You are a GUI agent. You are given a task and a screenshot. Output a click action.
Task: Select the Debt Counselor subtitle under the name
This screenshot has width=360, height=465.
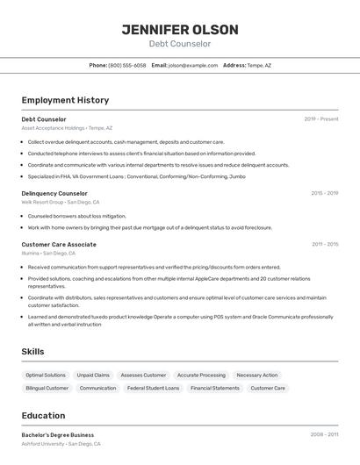point(180,44)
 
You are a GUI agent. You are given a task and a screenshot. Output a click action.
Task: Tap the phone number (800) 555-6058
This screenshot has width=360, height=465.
point(127,65)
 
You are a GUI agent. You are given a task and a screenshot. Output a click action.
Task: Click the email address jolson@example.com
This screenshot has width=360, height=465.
point(193,65)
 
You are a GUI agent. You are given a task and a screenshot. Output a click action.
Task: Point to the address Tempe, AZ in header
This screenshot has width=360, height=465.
point(259,65)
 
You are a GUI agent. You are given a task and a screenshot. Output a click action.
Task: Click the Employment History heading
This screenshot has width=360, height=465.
point(65,100)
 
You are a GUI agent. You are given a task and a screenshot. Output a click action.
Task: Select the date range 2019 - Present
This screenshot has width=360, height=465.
point(321,118)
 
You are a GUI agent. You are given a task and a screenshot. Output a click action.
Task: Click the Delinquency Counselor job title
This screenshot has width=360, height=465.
point(54,193)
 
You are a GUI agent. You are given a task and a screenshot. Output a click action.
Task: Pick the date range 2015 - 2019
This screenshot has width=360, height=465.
point(324,193)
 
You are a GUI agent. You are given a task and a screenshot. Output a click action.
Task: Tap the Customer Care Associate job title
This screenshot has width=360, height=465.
point(59,244)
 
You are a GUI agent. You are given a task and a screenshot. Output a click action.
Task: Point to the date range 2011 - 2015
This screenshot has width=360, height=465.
point(324,244)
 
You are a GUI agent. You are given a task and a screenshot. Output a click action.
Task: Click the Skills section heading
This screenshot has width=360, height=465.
point(32,351)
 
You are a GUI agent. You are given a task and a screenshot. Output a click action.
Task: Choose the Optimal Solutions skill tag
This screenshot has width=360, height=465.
point(46,375)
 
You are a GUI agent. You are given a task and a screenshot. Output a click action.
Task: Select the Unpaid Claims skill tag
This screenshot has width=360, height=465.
point(93,375)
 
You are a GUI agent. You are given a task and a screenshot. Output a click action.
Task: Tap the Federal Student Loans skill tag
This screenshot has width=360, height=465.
point(153,388)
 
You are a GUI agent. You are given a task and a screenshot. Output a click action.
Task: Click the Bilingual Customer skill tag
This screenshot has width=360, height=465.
point(47,388)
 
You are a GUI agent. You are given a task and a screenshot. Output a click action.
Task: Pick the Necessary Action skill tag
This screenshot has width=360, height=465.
point(257,375)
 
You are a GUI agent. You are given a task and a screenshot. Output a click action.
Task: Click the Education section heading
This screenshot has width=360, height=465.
point(43,415)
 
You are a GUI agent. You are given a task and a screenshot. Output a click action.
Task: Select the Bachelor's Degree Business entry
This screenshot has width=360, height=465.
point(57,434)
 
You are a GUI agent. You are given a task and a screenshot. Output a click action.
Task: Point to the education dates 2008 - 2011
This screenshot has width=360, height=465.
point(324,434)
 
